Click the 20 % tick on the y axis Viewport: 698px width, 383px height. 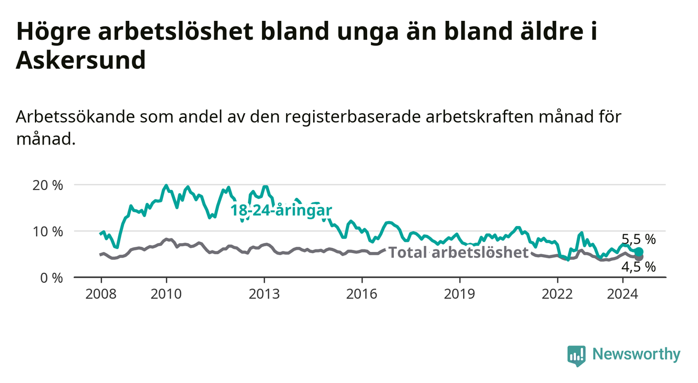click(47, 185)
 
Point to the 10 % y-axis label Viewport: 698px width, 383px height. click(47, 232)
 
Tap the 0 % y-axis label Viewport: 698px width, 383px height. click(52, 278)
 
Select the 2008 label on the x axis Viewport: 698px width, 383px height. click(101, 294)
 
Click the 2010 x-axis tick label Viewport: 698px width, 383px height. click(166, 294)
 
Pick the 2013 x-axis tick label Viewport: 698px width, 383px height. click(264, 294)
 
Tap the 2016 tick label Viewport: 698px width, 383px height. click(362, 294)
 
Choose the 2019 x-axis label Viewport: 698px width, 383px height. click(459, 294)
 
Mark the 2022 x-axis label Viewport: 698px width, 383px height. click(557, 294)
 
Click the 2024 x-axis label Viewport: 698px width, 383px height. click(622, 294)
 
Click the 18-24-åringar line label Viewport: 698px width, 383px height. click(281, 210)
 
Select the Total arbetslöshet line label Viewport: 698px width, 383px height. click(459, 252)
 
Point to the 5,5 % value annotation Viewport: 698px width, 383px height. click(639, 240)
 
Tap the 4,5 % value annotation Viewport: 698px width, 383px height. click(639, 267)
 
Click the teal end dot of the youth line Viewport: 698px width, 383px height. click(639, 252)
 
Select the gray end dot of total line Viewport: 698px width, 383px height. click(639, 257)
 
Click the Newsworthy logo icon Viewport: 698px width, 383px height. click(577, 355)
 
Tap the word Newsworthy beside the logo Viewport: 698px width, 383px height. click(637, 354)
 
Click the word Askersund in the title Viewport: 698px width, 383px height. click(81, 60)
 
